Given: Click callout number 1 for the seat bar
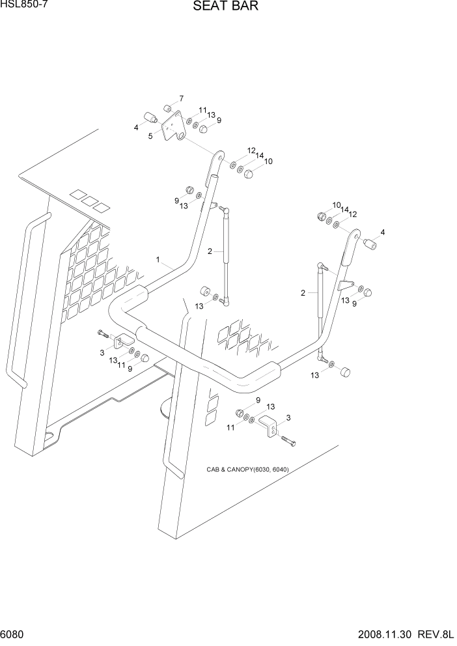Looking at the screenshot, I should (x=158, y=259).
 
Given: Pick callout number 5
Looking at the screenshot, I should (x=150, y=136).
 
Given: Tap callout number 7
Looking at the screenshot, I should (x=181, y=98).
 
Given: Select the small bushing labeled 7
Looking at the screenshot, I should (x=167, y=107).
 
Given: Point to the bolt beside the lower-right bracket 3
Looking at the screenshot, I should (x=289, y=443).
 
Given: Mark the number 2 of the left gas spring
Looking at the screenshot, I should (x=210, y=251).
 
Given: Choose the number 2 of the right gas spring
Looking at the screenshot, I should (x=303, y=293).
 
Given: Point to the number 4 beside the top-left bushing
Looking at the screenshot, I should (x=136, y=128).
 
